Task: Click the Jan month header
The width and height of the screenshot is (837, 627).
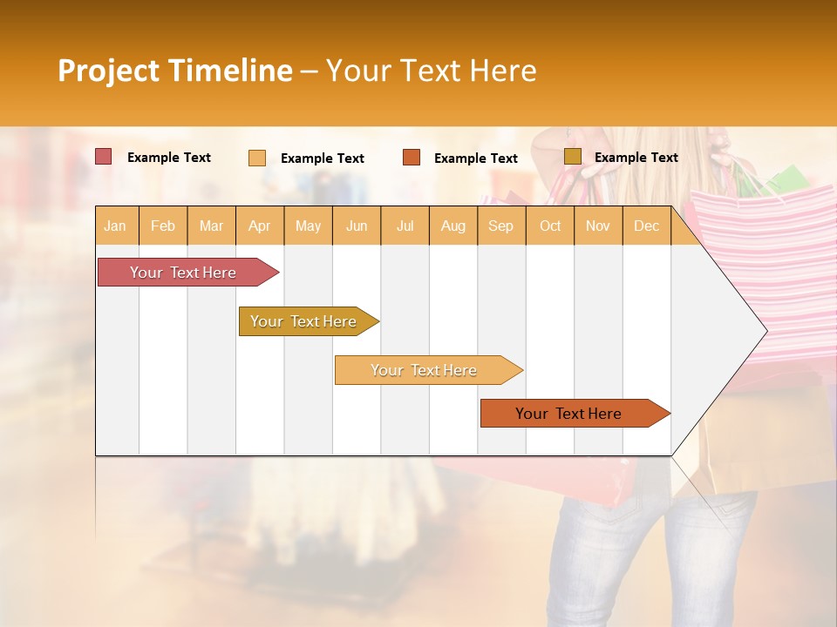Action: coord(115,226)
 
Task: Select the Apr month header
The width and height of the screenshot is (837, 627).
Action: coord(259,226)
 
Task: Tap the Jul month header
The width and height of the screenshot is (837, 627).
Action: coord(405,226)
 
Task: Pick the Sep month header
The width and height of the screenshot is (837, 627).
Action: coord(500,226)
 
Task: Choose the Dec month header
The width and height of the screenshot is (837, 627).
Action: coord(646,226)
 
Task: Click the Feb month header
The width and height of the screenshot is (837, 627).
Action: coord(163,226)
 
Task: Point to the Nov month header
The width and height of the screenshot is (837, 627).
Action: coord(597,226)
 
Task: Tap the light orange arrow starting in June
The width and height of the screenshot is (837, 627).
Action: coord(425,370)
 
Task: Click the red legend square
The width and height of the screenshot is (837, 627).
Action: coord(103,157)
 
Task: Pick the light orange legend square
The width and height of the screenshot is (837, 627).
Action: coord(256,158)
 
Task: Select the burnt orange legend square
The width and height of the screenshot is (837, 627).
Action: coord(411,158)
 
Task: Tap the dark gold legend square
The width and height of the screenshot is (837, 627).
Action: coord(572,157)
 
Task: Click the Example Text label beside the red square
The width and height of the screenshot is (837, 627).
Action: coord(168,158)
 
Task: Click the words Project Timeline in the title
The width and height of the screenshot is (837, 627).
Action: coord(174,71)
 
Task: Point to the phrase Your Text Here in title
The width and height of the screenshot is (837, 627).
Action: coord(431,71)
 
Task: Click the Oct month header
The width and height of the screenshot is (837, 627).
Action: coord(550,226)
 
